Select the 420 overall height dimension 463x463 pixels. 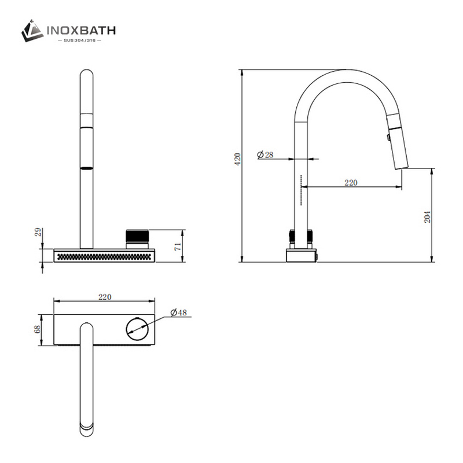(237, 160)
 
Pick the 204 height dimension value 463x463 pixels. (427, 216)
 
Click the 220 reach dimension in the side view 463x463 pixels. (351, 182)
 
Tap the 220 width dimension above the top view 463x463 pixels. (104, 297)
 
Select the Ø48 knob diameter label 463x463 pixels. (179, 313)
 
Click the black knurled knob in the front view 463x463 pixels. (138, 236)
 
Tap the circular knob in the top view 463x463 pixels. (137, 330)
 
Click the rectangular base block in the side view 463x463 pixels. (300, 255)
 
